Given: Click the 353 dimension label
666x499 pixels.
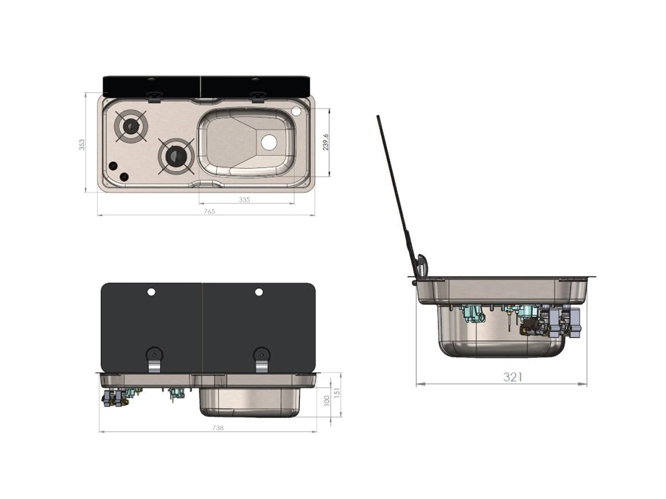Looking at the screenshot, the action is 82,145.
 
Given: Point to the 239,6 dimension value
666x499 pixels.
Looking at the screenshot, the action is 326,142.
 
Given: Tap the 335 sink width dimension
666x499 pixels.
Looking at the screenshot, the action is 244,200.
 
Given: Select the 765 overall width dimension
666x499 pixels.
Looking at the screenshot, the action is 209,211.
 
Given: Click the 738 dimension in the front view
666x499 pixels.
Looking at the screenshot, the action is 218,428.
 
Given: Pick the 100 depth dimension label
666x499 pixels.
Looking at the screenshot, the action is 326,401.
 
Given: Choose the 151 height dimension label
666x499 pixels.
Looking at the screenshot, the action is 337,393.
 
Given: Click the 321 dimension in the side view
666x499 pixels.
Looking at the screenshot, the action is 512,377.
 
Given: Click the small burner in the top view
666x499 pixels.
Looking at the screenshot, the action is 131,125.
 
